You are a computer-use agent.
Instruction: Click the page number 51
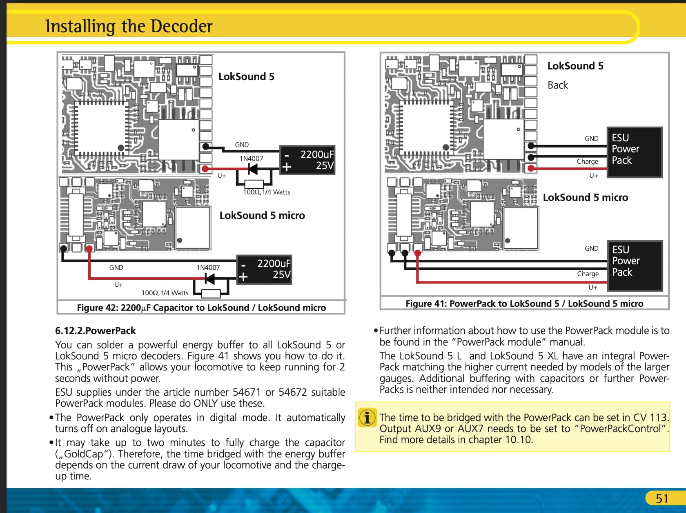(662, 498)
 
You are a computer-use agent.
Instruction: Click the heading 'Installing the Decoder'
(129, 26)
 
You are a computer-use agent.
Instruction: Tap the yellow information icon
(367, 418)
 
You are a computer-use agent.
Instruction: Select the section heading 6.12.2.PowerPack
(96, 330)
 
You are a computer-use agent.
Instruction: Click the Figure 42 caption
(201, 308)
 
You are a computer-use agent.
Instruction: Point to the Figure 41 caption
(524, 303)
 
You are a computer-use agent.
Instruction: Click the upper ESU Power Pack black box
(634, 152)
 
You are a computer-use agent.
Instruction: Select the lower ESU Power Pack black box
(635, 265)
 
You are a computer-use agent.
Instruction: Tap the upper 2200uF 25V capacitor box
(307, 160)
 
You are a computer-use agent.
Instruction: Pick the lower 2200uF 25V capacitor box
(264, 270)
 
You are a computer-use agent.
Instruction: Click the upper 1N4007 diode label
(251, 158)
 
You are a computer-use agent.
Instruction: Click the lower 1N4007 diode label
(208, 268)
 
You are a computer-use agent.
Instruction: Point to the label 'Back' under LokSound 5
(557, 85)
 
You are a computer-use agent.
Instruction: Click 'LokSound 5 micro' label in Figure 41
(585, 197)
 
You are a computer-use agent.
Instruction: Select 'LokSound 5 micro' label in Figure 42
(262, 215)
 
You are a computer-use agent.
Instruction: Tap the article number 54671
(246, 392)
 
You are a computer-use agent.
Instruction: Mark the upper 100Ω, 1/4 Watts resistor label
(267, 192)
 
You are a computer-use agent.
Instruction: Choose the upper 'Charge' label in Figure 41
(587, 161)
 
